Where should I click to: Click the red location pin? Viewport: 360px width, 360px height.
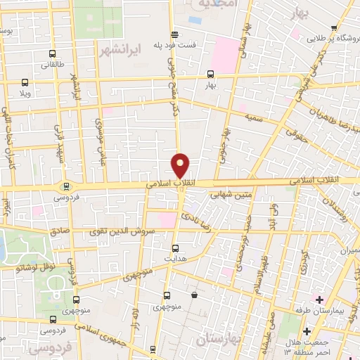pyautogui.click(x=180, y=165)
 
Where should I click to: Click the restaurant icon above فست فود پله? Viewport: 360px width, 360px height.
pyautogui.click(x=174, y=34)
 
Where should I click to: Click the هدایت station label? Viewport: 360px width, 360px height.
pyautogui.click(x=175, y=259)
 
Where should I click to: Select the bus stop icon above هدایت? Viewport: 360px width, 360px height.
pyautogui.click(x=175, y=247)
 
